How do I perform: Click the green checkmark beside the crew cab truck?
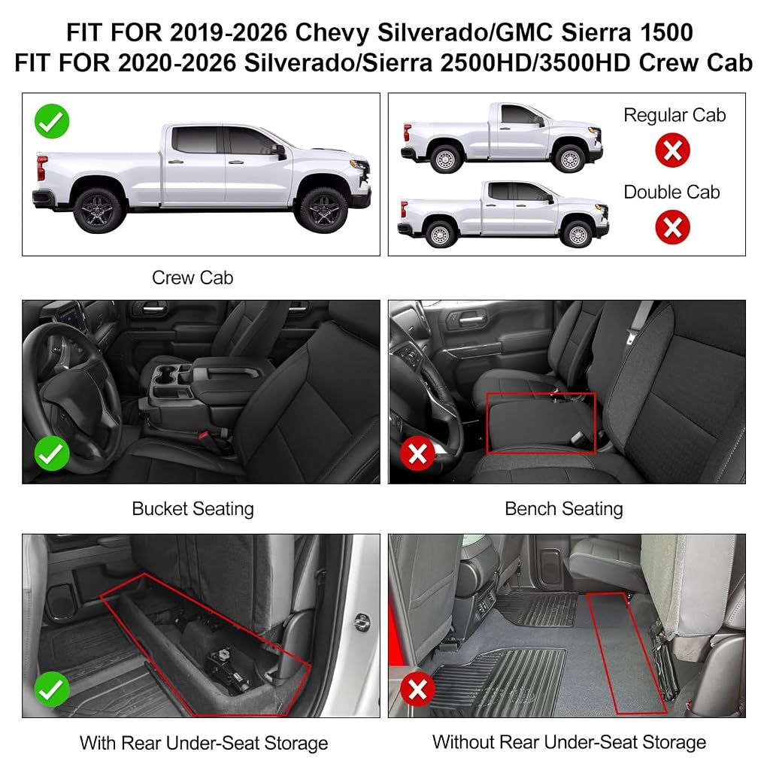click(x=52, y=121)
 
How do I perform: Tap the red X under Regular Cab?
click(x=672, y=150)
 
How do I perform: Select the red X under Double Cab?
click(x=672, y=227)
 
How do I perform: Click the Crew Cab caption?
click(x=192, y=278)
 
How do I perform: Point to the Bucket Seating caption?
click(x=193, y=509)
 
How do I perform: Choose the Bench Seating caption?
click(x=564, y=509)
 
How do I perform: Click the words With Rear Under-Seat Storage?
click(x=204, y=743)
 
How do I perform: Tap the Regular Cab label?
click(x=675, y=115)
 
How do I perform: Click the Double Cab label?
click(x=671, y=192)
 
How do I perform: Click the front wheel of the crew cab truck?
click(x=322, y=210)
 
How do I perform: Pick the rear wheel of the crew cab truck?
click(x=98, y=210)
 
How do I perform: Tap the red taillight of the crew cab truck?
click(x=42, y=169)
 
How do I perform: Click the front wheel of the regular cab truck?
click(x=570, y=158)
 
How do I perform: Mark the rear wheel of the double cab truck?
click(x=440, y=234)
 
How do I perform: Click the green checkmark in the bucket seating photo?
click(x=52, y=453)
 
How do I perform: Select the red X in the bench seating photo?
click(x=418, y=453)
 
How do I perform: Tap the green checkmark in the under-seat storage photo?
click(x=52, y=689)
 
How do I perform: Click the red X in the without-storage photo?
click(x=418, y=689)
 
